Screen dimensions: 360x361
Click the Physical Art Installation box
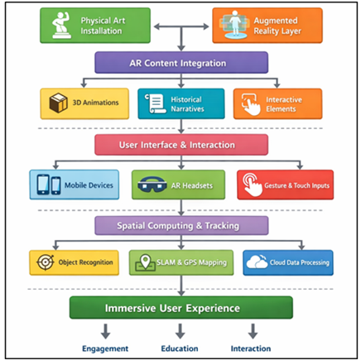[94, 24]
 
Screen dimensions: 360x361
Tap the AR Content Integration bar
[181, 63]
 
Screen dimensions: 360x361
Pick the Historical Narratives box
[180, 103]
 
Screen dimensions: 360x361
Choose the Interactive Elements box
[277, 103]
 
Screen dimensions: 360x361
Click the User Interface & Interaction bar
[181, 145]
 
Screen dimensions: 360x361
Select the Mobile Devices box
[74, 185]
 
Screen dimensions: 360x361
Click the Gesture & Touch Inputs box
[285, 185]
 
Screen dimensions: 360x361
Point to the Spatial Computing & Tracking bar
[181, 225]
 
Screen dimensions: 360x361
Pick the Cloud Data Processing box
[287, 263]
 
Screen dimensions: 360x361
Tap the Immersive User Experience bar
[181, 308]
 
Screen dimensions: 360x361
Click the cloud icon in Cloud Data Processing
[256, 263]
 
